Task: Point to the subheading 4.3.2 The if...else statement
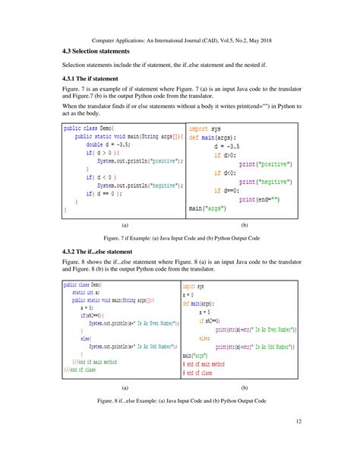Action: coord(103,251)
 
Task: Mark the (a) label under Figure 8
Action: coord(124,387)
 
